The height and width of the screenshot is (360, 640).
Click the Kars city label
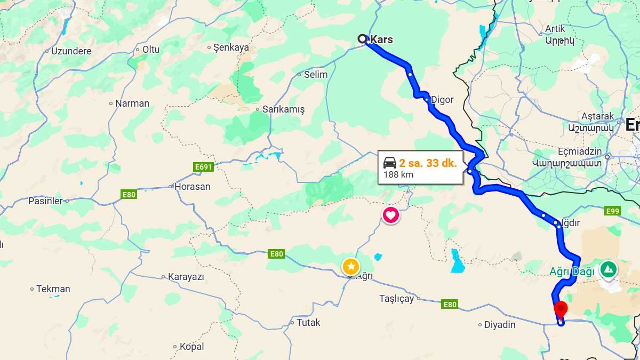point(381,39)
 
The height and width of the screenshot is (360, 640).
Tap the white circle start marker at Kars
point(363,38)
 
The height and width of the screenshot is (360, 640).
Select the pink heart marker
point(390,215)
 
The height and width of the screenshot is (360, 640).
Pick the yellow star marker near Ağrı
point(350,266)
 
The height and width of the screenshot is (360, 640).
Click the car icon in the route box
point(390,163)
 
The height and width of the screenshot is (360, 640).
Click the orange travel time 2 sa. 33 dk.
point(428,163)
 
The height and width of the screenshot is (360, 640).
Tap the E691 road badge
point(204,167)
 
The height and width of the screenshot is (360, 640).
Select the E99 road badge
point(613,212)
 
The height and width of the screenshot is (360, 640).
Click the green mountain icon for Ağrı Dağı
point(608,269)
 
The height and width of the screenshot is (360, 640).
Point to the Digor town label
point(442,100)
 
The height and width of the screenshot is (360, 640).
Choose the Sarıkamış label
point(283,109)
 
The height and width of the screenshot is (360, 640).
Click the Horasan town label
point(193,187)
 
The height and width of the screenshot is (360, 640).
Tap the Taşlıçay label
point(396,299)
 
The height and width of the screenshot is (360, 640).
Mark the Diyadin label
point(500,324)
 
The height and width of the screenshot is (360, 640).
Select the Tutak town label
point(308,323)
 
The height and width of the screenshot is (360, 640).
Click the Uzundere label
point(71,51)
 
